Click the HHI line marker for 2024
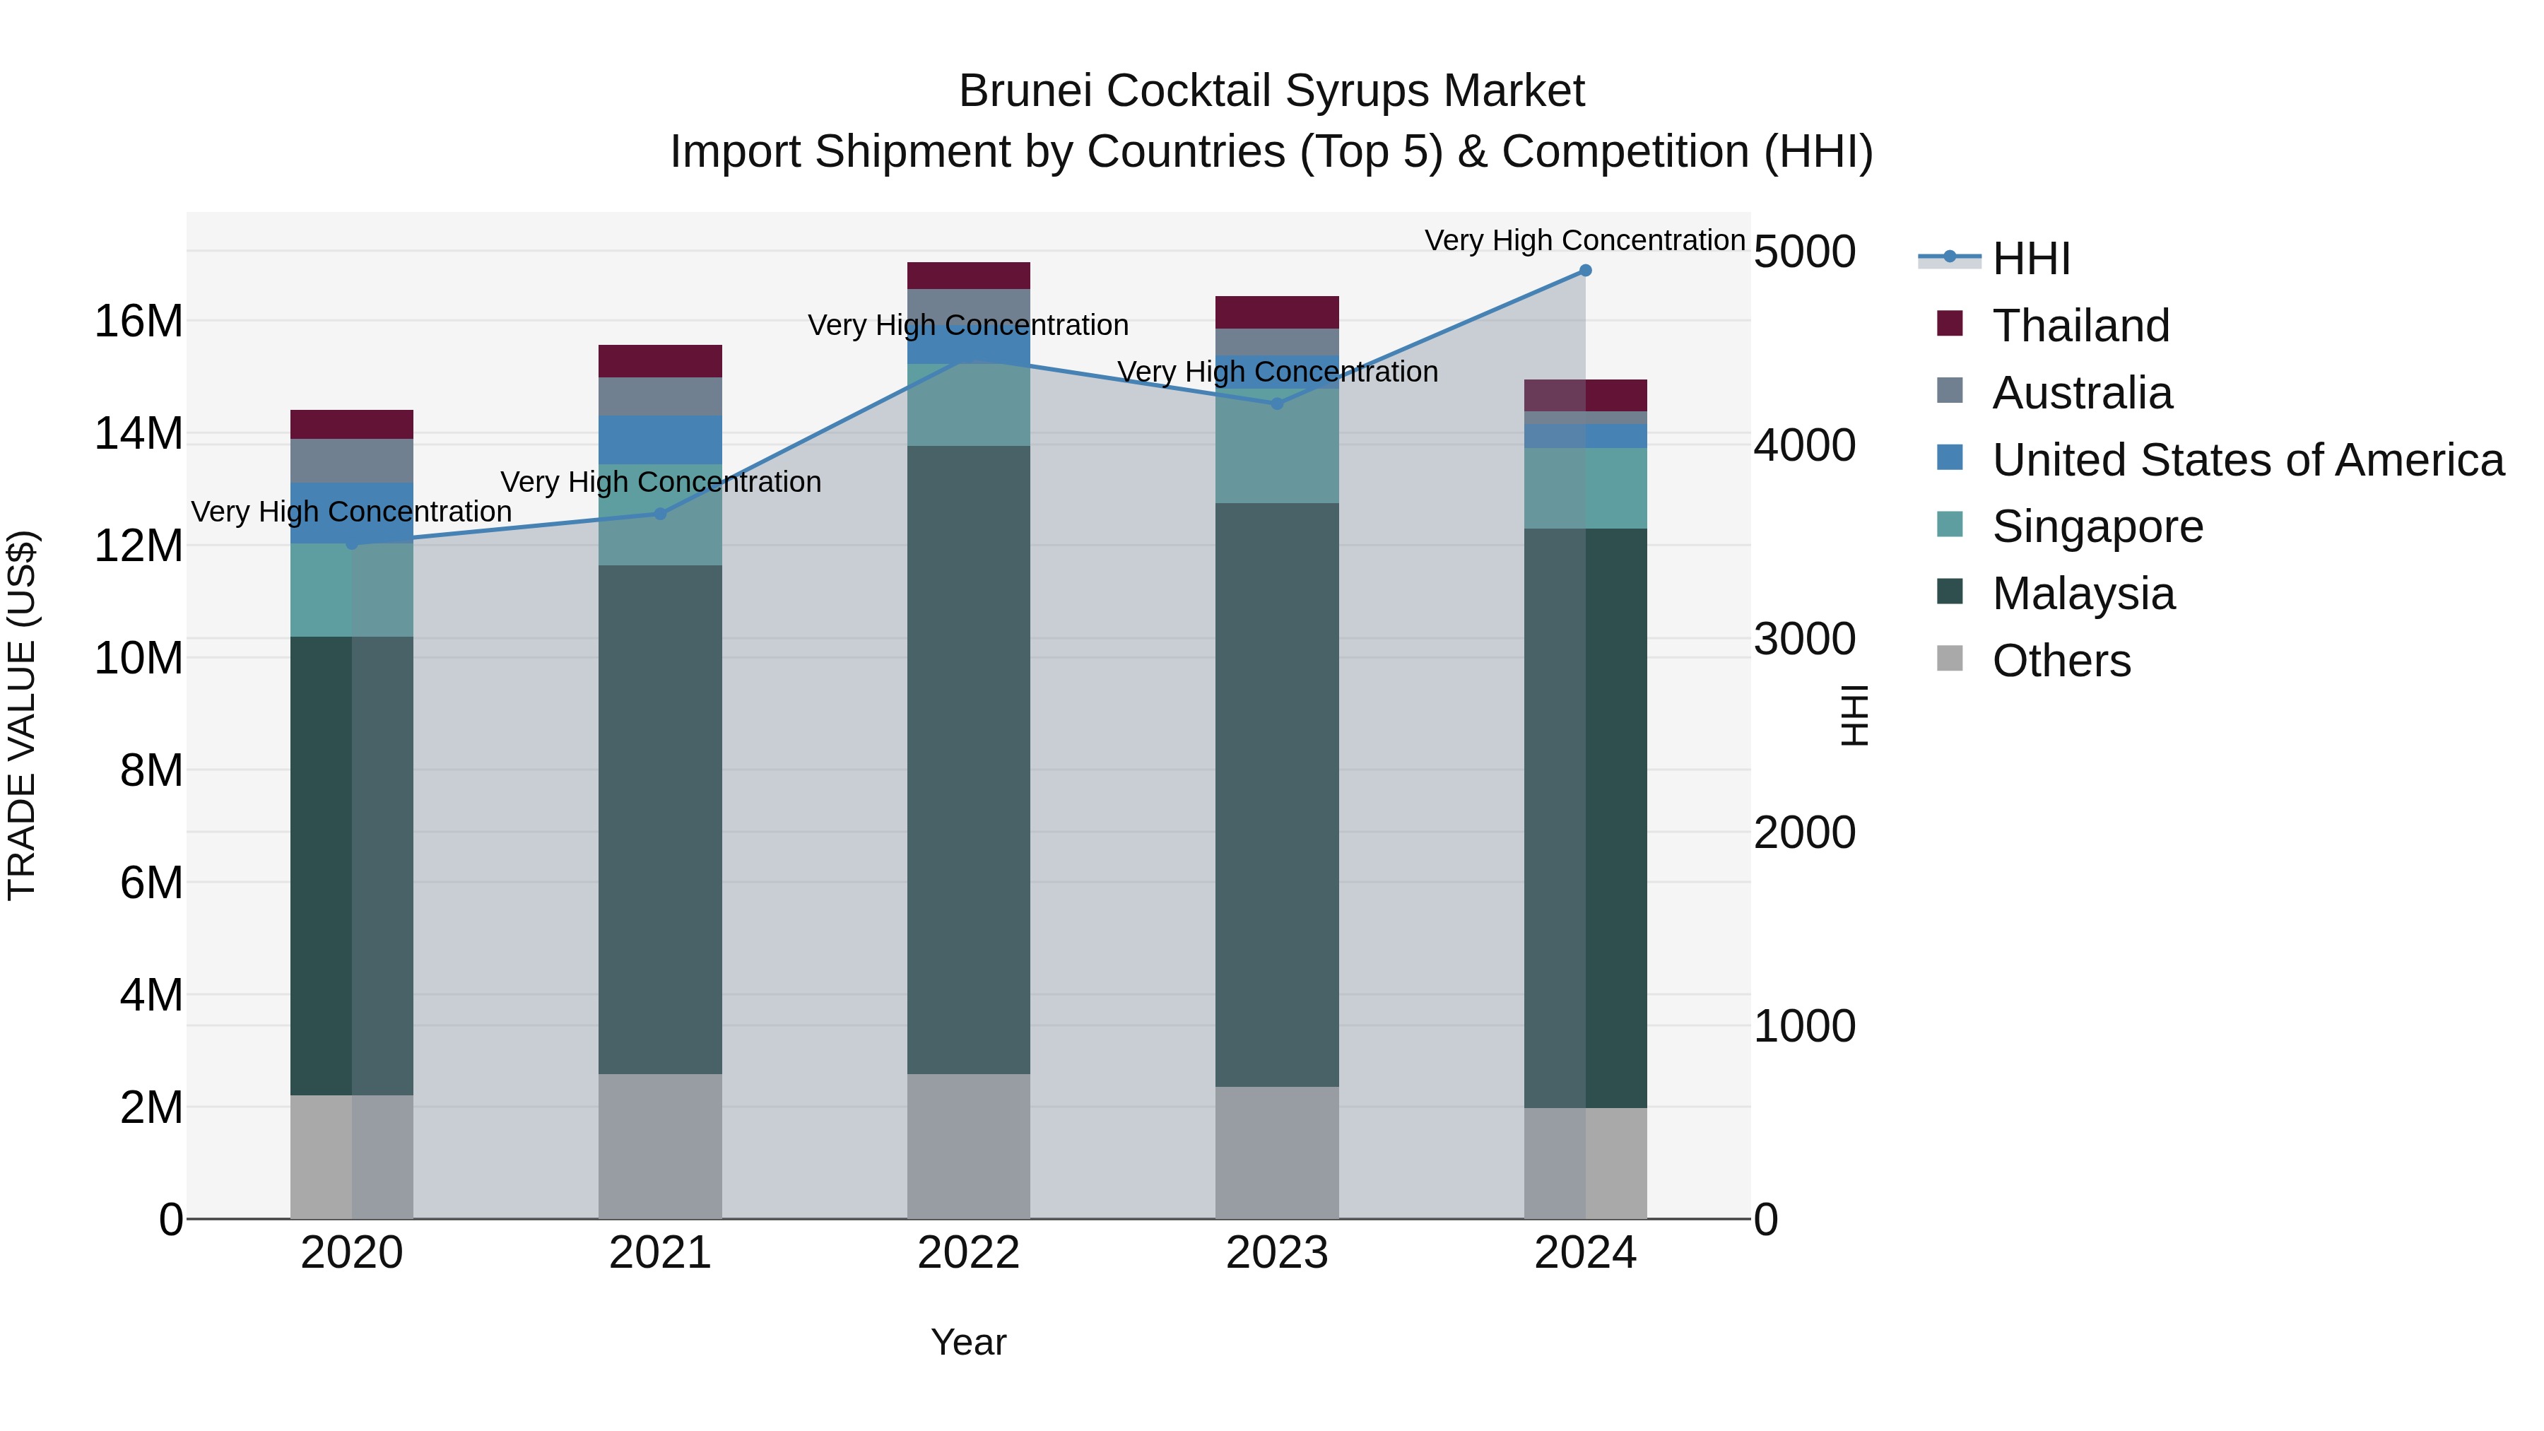1585,271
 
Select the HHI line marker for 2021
661,514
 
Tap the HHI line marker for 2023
1276,404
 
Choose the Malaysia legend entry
2083,594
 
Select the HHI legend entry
2030,259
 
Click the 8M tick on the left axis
151,770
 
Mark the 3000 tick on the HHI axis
1804,639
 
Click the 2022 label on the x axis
968,1253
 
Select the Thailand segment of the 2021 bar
660,361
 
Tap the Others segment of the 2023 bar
1276,1153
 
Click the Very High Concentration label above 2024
1584,240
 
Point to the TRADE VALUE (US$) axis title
22,715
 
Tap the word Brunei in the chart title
1025,92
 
